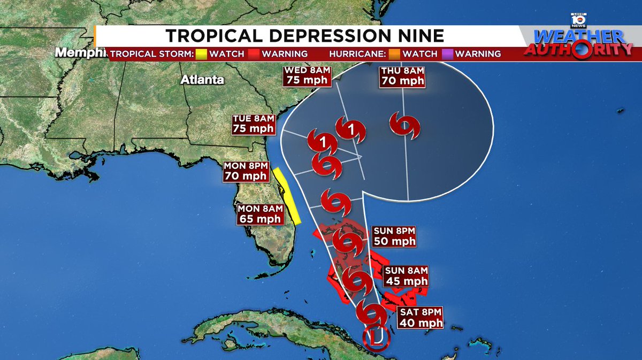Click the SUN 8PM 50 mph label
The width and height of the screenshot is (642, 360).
395,236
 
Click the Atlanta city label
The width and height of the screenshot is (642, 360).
202,80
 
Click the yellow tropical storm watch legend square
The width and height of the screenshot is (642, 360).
201,54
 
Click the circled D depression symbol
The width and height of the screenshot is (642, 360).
375,338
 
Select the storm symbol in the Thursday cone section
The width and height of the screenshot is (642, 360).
404,126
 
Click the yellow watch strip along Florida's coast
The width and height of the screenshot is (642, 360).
287,195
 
